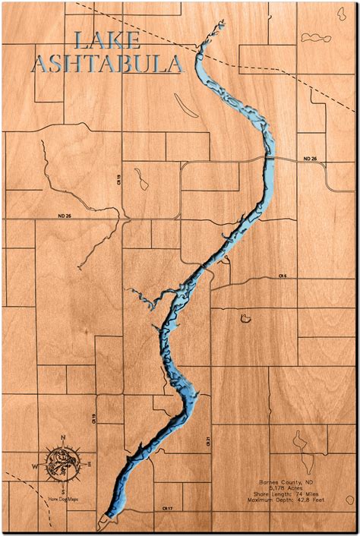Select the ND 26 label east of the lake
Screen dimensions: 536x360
click(309, 158)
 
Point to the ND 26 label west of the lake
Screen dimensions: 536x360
click(63, 216)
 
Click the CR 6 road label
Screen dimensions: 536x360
click(281, 276)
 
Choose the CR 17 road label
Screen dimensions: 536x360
click(168, 508)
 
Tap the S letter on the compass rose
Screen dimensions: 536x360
click(63, 491)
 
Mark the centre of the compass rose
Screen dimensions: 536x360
click(62, 462)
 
